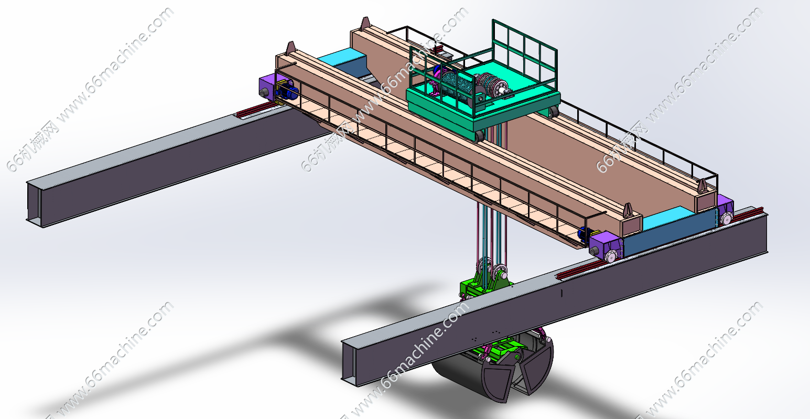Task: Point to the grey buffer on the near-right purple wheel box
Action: [594, 251]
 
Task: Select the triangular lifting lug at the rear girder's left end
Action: [365, 24]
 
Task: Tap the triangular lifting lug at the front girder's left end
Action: [290, 47]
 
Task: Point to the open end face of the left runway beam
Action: [35, 205]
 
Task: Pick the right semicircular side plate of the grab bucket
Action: [538, 367]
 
